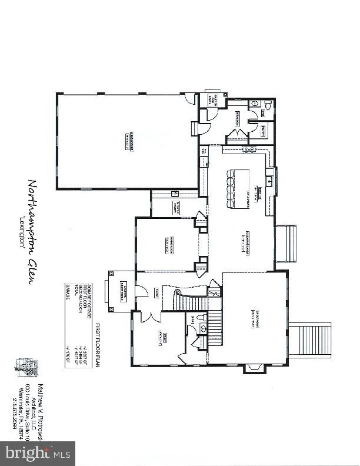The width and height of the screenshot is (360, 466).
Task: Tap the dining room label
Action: [x=168, y=244]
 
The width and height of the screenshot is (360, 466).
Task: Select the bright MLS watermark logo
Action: [x=36, y=453]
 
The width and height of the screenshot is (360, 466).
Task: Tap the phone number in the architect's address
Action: [x=15, y=417]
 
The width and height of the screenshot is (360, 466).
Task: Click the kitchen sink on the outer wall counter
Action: [x=270, y=181]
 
